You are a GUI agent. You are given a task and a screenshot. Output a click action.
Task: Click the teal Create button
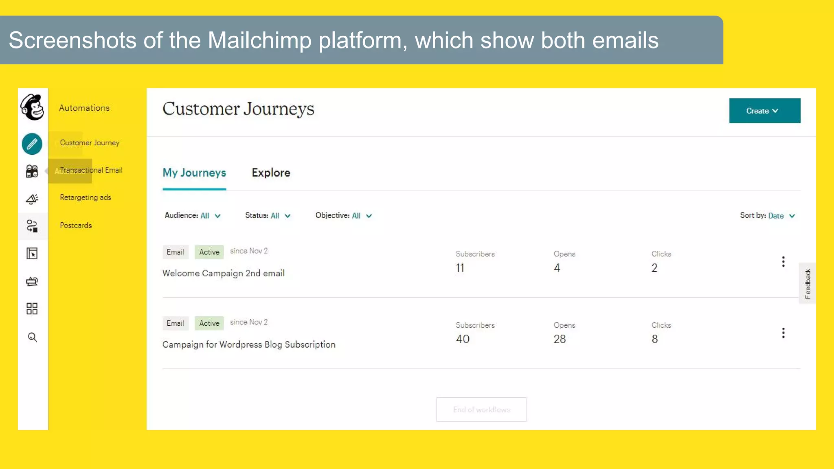pos(764,111)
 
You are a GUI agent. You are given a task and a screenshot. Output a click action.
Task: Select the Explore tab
pos(271,173)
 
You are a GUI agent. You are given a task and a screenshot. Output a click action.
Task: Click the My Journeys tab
pos(194,173)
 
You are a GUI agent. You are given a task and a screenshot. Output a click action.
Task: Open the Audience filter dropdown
pos(193,216)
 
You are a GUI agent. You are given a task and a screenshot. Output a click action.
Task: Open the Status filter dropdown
pos(268,216)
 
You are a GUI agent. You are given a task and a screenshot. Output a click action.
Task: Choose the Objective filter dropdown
pos(344,216)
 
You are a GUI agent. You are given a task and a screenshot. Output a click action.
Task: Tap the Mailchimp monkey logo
pos(33,107)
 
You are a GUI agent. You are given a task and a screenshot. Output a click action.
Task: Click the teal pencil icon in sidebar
pos(32,144)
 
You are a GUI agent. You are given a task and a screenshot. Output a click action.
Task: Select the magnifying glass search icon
pos(32,337)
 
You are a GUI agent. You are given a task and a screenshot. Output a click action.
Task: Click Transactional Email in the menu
pos(91,170)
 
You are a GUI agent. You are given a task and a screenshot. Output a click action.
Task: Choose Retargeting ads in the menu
pos(86,197)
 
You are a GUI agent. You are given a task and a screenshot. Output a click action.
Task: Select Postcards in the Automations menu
pos(76,226)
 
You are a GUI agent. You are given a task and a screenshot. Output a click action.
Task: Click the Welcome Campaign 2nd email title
pos(223,273)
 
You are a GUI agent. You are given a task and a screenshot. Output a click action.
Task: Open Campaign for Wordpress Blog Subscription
pos(249,344)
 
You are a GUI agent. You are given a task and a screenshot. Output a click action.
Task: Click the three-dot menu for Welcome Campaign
pos(783,262)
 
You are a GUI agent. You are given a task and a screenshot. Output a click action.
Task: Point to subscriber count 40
pos(463,339)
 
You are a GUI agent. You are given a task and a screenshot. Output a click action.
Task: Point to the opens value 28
pos(560,339)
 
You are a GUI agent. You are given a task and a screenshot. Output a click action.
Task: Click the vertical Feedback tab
pos(808,283)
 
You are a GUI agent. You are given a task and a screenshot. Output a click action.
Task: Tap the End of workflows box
pos(481,410)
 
